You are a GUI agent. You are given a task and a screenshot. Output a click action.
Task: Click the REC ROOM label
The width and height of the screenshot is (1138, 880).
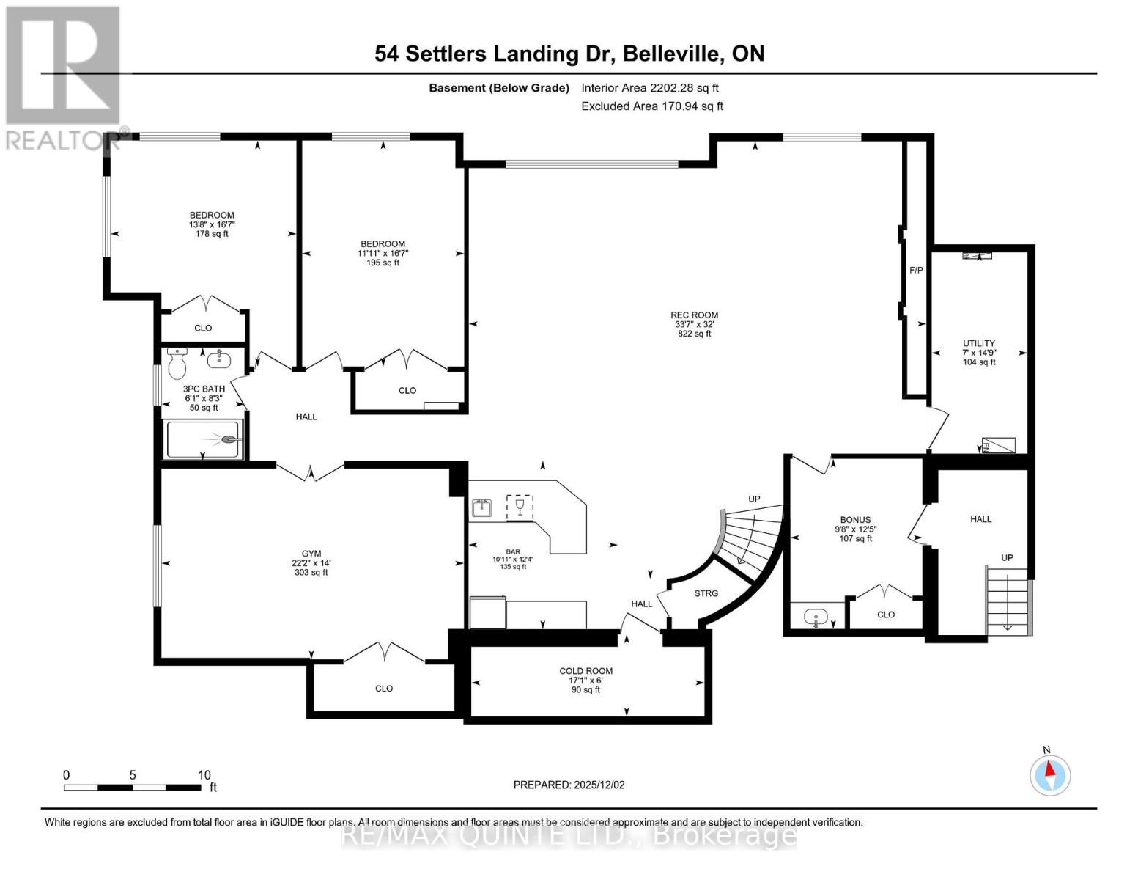[695, 315]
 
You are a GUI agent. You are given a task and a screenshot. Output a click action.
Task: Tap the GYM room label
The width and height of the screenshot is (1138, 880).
[311, 554]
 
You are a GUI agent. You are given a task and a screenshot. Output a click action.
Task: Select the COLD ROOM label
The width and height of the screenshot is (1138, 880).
[585, 671]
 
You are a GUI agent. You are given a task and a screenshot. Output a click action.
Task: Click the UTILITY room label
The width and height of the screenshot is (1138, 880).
[978, 343]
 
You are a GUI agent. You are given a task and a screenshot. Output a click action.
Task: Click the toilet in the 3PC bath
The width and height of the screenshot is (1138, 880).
[177, 362]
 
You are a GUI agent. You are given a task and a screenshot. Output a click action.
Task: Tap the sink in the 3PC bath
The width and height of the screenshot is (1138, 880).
[218, 359]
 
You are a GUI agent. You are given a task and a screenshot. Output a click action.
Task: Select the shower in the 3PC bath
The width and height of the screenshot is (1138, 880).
[203, 439]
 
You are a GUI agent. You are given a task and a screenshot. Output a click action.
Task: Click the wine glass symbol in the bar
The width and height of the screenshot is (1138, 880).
[520, 507]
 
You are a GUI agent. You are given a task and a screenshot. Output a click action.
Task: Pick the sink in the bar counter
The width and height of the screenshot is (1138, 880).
[481, 507]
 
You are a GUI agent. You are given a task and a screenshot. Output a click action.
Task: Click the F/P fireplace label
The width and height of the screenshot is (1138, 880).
[916, 271]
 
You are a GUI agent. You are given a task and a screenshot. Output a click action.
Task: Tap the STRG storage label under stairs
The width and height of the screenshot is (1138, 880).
[706, 593]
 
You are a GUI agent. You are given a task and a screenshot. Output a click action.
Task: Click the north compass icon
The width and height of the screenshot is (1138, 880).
[1050, 775]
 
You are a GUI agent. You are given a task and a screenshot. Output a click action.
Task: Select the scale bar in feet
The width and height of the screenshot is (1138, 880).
[133, 788]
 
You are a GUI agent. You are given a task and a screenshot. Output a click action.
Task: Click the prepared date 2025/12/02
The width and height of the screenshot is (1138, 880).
[569, 785]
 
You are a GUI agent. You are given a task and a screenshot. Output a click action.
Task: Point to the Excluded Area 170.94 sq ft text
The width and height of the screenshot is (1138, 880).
[651, 106]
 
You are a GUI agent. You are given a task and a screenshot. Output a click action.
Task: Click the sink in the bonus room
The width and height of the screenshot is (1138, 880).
[815, 617]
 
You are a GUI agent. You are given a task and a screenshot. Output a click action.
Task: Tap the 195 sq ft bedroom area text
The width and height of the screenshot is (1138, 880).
[383, 263]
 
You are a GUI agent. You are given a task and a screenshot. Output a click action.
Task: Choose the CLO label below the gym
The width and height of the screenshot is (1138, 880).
[384, 689]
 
